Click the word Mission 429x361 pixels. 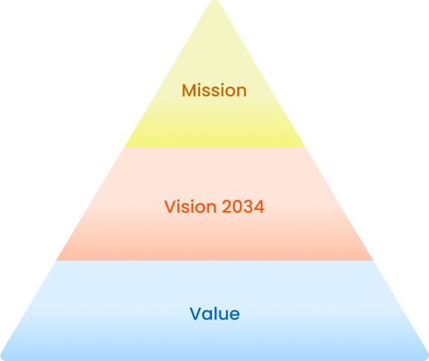click(214, 90)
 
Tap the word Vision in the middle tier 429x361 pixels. click(190, 206)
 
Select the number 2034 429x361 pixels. click(243, 206)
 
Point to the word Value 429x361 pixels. click(215, 314)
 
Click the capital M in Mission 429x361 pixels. click(188, 90)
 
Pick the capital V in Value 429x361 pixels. click(196, 314)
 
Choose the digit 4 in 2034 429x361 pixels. click(259, 206)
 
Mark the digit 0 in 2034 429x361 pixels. click(238, 206)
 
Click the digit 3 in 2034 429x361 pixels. click(248, 206)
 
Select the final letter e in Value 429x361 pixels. click(234, 315)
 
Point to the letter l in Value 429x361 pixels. click(215, 313)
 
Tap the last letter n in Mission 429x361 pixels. click(242, 92)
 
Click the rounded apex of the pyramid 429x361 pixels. click(215, 1)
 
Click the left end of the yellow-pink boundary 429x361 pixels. click(124, 147)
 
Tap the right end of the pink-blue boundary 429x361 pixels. click(373, 260)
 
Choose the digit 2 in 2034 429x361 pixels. click(227, 206)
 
